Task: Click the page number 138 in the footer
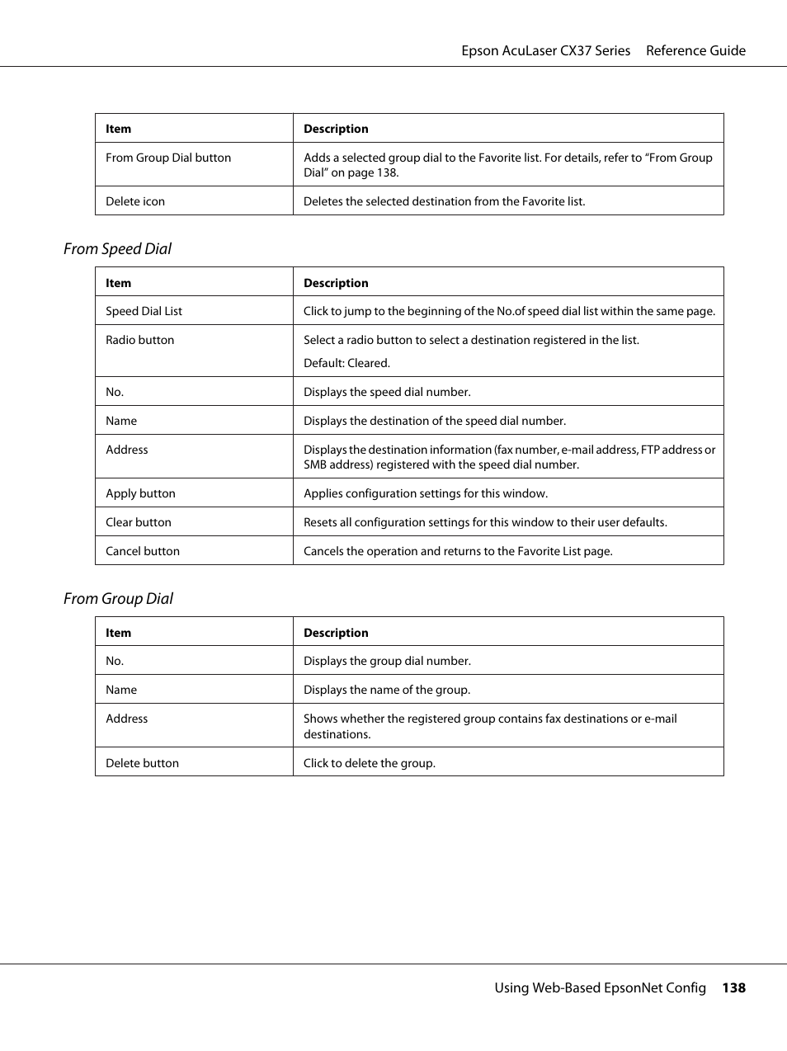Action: click(x=733, y=987)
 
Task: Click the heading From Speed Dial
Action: click(x=117, y=249)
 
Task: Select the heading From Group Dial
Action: click(x=118, y=599)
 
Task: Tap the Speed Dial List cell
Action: click(x=144, y=311)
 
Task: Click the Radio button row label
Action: click(x=139, y=340)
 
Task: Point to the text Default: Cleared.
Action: click(x=346, y=363)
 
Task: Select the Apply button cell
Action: click(x=140, y=493)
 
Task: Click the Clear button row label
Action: click(x=139, y=522)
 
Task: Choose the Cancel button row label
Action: click(x=143, y=551)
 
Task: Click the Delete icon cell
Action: click(x=135, y=201)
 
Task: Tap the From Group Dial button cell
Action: click(x=168, y=158)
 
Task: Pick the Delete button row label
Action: click(x=142, y=763)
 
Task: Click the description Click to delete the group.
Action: click(x=369, y=763)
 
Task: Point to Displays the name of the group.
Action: click(x=386, y=690)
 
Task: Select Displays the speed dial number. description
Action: click(x=387, y=392)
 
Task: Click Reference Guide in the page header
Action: click(x=695, y=50)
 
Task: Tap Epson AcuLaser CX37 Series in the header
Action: click(x=545, y=50)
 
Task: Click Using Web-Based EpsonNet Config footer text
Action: click(x=600, y=987)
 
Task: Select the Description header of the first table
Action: click(x=336, y=129)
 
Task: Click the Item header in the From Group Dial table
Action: click(x=118, y=633)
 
